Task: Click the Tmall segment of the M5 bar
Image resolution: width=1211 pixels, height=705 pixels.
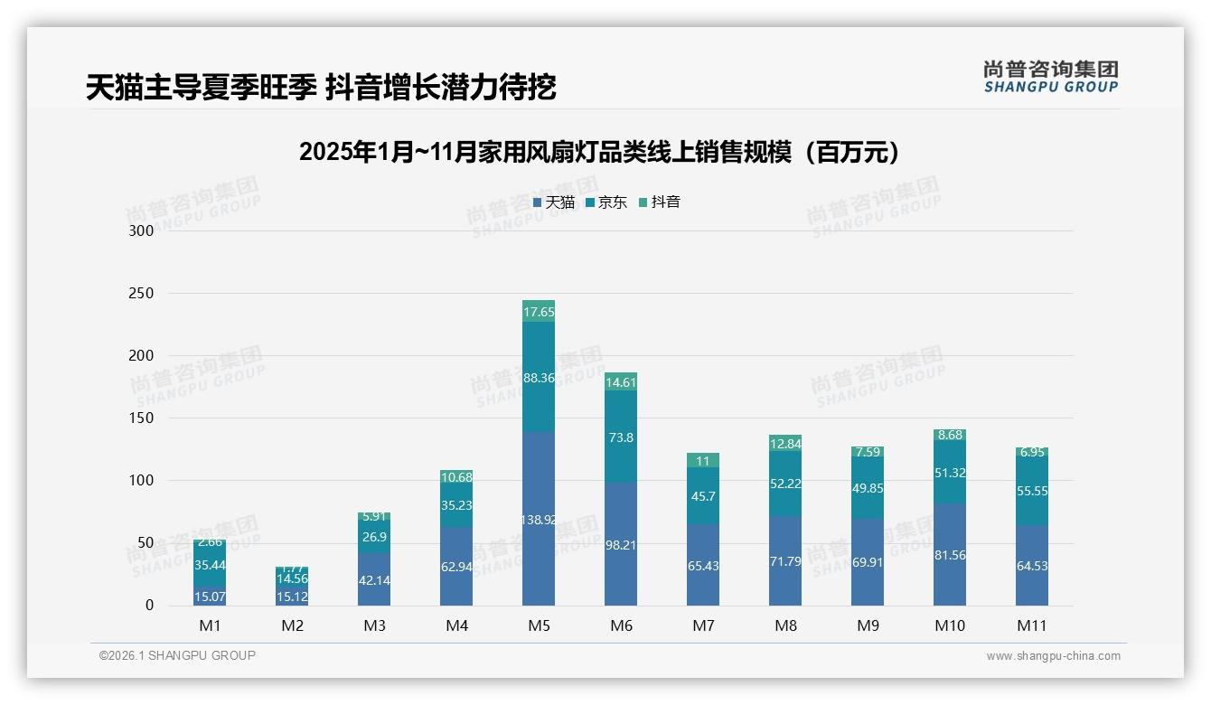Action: [539, 519]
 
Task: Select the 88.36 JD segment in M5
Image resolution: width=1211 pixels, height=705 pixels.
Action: [539, 377]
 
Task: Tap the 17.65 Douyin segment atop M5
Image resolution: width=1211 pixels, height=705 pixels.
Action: [539, 311]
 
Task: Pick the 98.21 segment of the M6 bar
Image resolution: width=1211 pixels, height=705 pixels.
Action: [621, 544]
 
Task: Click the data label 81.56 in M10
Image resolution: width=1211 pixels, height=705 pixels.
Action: [950, 555]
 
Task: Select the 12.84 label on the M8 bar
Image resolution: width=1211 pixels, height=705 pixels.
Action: [785, 443]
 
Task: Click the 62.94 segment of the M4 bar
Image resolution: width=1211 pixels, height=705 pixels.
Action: [456, 567]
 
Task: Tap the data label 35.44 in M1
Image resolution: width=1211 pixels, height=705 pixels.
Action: [210, 565]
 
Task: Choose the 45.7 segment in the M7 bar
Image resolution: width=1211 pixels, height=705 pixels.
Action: [703, 495]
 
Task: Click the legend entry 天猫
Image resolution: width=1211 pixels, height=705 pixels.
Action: [554, 202]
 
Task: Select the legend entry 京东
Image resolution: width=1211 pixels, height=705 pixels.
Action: [606, 202]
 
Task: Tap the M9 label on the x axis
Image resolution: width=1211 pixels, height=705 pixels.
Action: [867, 625]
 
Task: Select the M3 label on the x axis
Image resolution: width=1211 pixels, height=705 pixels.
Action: [374, 625]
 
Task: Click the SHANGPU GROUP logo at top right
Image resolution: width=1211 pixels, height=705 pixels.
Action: [1050, 77]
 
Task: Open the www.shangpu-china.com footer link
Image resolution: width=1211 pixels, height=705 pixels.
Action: [1053, 656]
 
